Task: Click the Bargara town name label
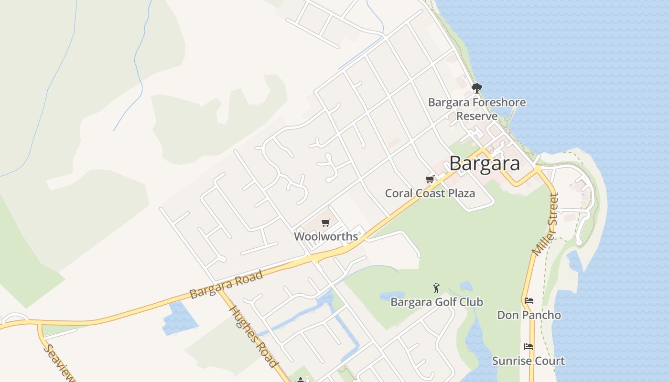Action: click(x=484, y=163)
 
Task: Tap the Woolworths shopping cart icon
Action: click(x=326, y=223)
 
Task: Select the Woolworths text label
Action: click(x=326, y=236)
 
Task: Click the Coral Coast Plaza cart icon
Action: click(x=430, y=180)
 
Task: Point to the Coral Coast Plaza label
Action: click(x=430, y=193)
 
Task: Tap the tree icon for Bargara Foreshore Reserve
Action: click(x=476, y=88)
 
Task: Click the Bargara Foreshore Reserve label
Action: click(x=477, y=109)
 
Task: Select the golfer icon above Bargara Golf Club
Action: click(x=436, y=288)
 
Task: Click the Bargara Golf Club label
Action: click(x=437, y=302)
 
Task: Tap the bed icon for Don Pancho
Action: click(x=529, y=301)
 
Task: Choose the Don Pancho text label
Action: click(x=529, y=315)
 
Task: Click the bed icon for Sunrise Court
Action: click(x=529, y=347)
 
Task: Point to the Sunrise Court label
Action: click(x=529, y=361)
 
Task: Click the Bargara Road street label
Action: click(x=226, y=285)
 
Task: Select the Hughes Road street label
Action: click(x=253, y=336)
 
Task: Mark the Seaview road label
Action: click(x=59, y=363)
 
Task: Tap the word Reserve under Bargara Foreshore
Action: click(x=477, y=116)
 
